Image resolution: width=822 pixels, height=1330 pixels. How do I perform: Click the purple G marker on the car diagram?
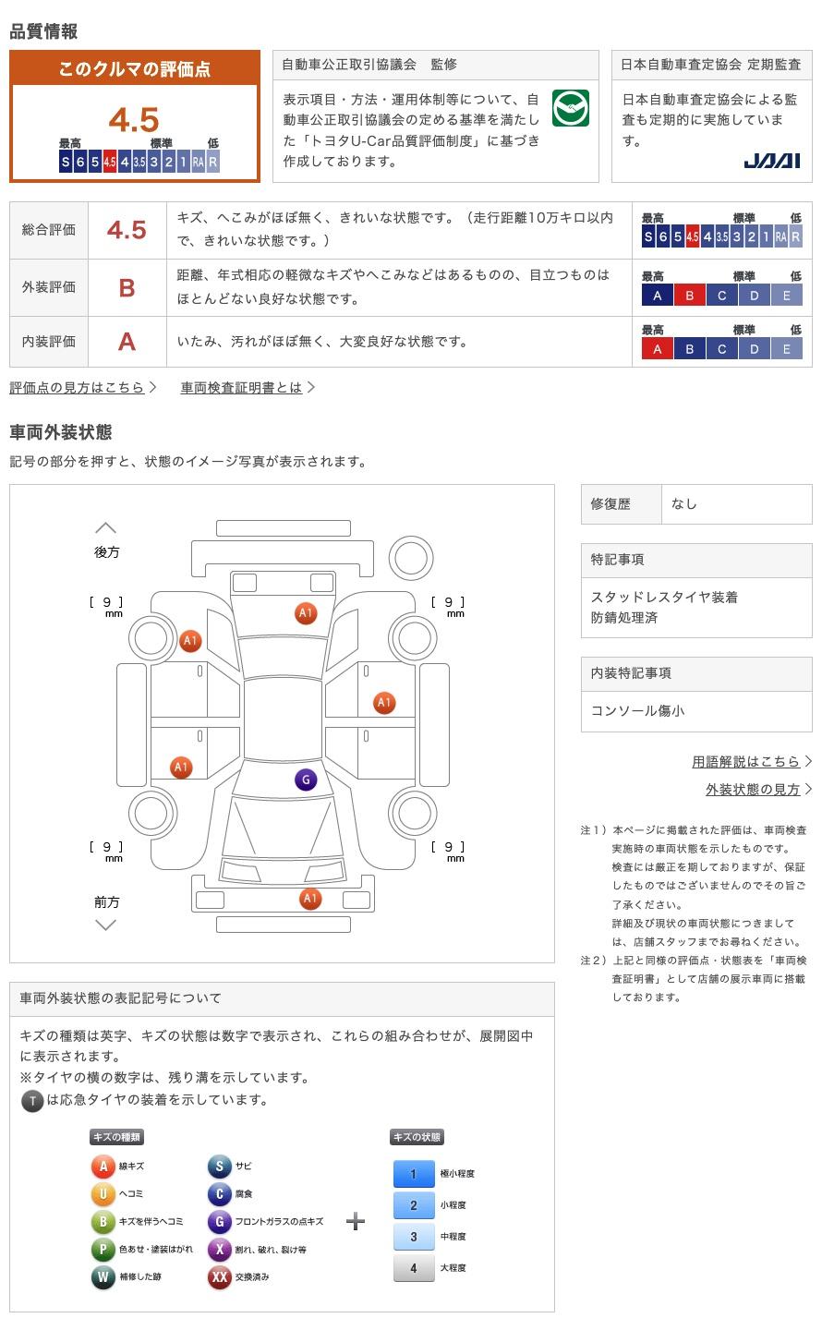click(306, 780)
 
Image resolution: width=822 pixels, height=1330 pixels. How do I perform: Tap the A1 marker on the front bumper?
click(310, 899)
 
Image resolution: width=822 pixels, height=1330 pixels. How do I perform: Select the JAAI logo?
click(771, 161)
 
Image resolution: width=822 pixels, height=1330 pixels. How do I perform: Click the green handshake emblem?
click(570, 109)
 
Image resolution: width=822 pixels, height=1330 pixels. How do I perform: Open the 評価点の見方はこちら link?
click(78, 388)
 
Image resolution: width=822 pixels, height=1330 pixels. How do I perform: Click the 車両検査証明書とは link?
click(242, 388)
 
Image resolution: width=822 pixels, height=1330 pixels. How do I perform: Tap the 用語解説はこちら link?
click(746, 762)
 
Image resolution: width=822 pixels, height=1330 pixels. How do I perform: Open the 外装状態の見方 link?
click(753, 790)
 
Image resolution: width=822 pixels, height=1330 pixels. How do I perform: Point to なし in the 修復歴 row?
click(684, 504)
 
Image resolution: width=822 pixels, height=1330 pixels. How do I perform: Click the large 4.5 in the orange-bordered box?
click(134, 120)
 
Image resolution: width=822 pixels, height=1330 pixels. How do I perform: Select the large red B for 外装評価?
click(127, 288)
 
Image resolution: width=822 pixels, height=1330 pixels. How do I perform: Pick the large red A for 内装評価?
click(127, 342)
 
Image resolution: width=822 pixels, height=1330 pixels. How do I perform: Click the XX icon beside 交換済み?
click(219, 1277)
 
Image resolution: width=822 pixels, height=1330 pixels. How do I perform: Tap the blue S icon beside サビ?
click(219, 1167)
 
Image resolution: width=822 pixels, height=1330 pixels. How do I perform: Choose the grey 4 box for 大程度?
click(414, 1268)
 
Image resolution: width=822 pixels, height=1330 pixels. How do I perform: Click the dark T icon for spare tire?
click(32, 1101)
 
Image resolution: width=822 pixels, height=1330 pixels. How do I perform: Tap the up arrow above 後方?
click(106, 528)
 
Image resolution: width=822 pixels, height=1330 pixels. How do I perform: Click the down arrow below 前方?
click(106, 925)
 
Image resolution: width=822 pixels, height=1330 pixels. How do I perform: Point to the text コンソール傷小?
click(637, 711)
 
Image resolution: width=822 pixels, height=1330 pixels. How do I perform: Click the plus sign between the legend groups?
click(356, 1222)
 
